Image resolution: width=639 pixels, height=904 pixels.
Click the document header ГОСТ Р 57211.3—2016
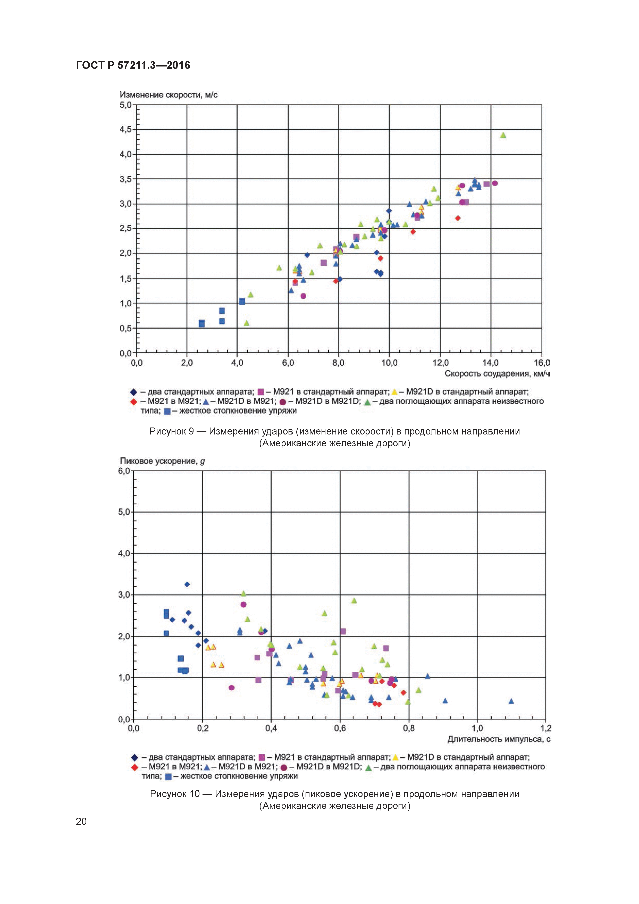(133, 65)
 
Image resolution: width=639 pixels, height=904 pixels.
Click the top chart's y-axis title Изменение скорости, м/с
(169, 95)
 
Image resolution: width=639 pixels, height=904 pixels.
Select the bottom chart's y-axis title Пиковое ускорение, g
(162, 461)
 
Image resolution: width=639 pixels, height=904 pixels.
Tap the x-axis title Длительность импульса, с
(498, 739)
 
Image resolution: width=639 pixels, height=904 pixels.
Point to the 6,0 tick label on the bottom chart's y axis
(124, 471)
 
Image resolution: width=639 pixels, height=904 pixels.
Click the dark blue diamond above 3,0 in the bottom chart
(187, 584)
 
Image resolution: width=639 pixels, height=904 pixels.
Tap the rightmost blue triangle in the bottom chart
(511, 701)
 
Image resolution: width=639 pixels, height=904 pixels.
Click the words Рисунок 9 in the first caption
(171, 432)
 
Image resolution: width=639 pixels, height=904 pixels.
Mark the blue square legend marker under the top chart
(167, 411)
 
